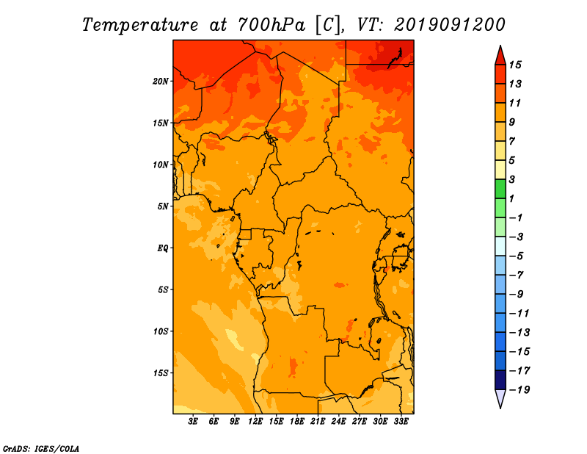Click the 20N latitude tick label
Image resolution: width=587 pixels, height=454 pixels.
(x=160, y=82)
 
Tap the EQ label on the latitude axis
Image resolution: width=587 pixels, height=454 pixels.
(x=162, y=248)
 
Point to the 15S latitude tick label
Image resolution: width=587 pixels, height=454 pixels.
(x=161, y=373)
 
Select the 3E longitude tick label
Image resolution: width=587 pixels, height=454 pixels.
(x=193, y=421)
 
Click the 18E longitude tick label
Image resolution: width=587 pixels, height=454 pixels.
(x=297, y=421)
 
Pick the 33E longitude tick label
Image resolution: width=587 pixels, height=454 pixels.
(x=401, y=421)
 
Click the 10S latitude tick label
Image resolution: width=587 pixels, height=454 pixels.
(x=161, y=331)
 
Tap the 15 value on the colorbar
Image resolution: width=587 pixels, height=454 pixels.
(x=515, y=65)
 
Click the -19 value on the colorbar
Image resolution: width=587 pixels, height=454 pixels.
(x=519, y=390)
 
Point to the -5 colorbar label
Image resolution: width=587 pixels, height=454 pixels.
(x=517, y=256)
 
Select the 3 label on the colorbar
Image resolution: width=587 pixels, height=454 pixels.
(x=512, y=179)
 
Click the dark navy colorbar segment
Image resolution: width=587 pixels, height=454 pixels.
(x=500, y=380)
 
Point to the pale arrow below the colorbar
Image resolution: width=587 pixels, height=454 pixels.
(x=500, y=398)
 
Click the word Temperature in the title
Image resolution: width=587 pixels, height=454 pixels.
(x=140, y=26)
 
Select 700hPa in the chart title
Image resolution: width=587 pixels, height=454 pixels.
(x=271, y=25)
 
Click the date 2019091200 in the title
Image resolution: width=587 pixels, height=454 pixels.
(x=450, y=25)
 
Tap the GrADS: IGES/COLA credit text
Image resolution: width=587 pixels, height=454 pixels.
(x=41, y=449)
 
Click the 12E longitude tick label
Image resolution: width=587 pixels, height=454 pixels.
(x=255, y=421)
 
